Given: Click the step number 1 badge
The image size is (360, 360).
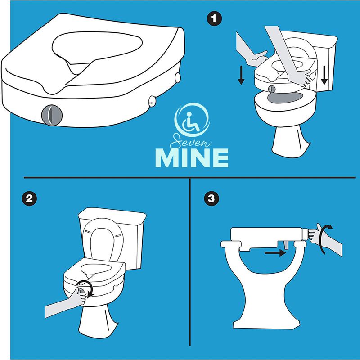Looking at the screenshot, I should point(213,19).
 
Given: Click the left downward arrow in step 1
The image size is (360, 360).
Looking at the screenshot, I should point(241,75).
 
